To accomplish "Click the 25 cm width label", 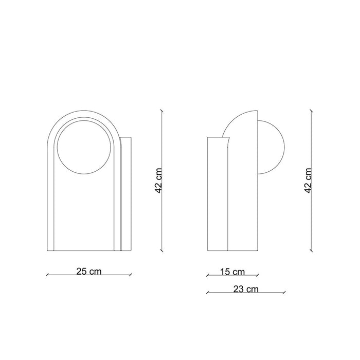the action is click(x=89, y=272).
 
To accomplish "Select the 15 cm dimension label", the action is click(x=232, y=272).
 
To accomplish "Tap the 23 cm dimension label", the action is click(x=246, y=289).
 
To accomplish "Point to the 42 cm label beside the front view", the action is click(x=158, y=181).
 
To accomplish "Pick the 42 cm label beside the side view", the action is click(x=308, y=181).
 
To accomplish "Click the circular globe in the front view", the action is click(x=84, y=147).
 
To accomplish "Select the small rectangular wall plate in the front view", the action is click(x=126, y=194).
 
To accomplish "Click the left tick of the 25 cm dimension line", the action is click(x=47, y=275).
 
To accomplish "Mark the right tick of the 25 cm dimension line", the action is click(x=131, y=275).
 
